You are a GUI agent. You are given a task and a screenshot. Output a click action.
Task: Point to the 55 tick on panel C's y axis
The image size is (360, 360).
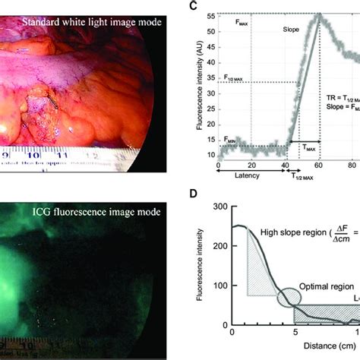[209, 15]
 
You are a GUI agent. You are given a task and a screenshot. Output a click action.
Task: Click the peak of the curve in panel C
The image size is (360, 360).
[319, 15]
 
